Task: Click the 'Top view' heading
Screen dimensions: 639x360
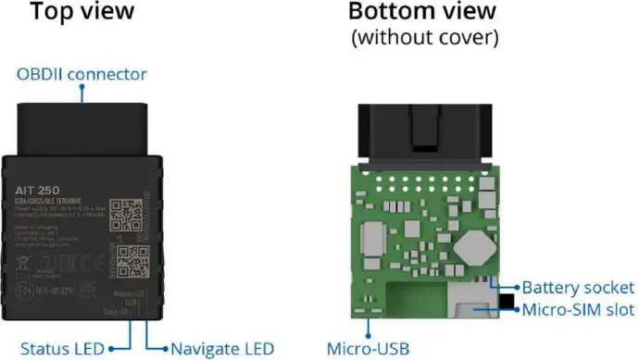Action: pyautogui.click(x=85, y=14)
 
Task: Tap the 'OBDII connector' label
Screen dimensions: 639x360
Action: pyautogui.click(x=81, y=74)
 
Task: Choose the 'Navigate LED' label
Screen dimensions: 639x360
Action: pyautogui.click(x=218, y=348)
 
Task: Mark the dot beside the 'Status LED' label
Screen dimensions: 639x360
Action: pyautogui.click(x=111, y=348)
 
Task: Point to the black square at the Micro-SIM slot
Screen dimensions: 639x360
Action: pyautogui.click(x=507, y=303)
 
